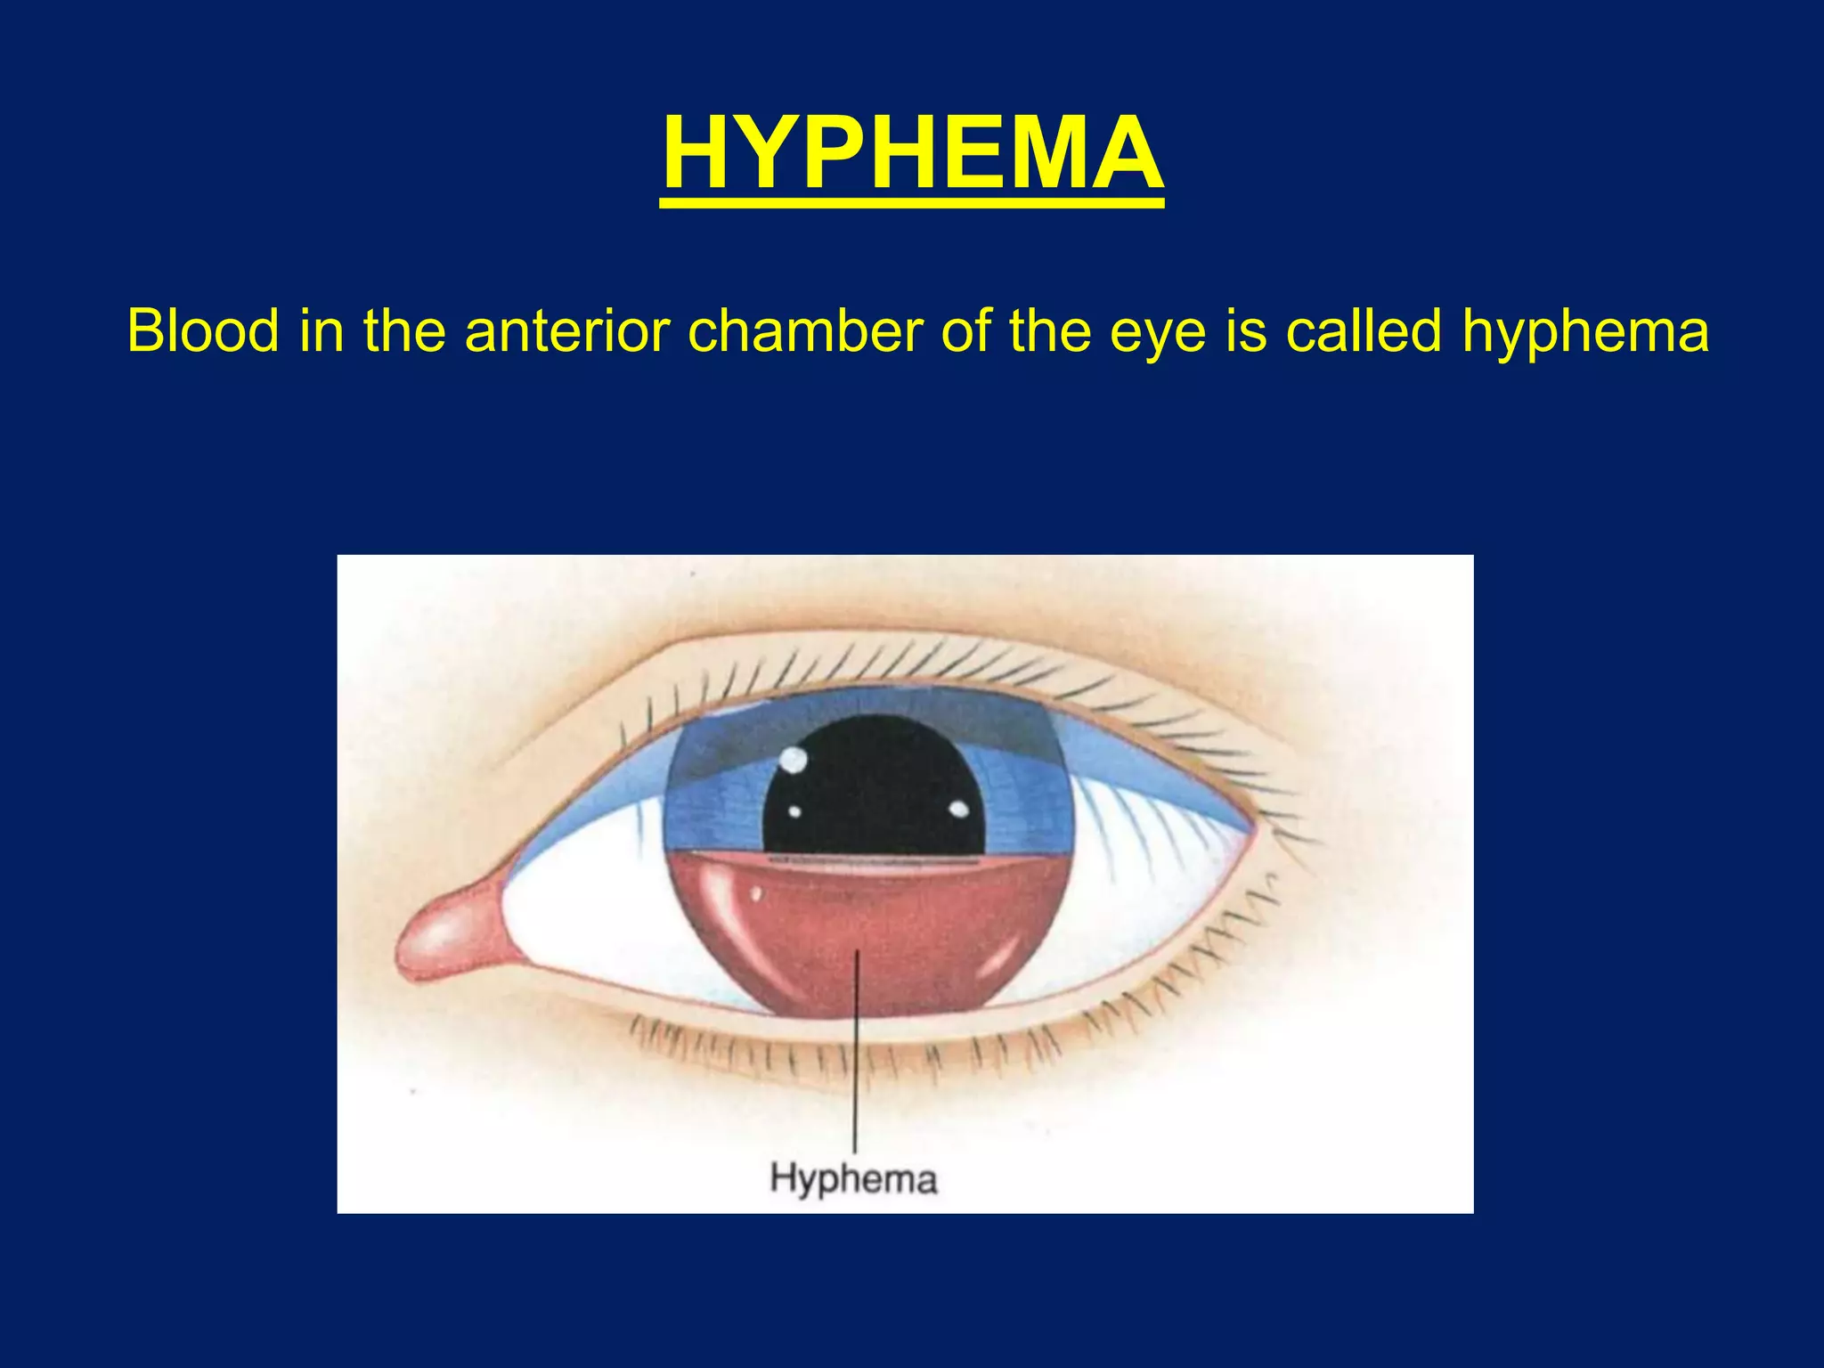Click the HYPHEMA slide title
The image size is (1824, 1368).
(912, 153)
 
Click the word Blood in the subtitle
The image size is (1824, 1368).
(203, 331)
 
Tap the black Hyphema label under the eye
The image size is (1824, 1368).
(853, 1178)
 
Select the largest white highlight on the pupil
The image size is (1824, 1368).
(793, 760)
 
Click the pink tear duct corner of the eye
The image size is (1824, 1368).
(445, 940)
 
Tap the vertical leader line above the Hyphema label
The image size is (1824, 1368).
(856, 1069)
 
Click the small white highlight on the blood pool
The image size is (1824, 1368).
(756, 893)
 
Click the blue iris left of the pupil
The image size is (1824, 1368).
(712, 802)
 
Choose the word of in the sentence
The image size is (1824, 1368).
(966, 331)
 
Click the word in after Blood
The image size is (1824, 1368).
(321, 331)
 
